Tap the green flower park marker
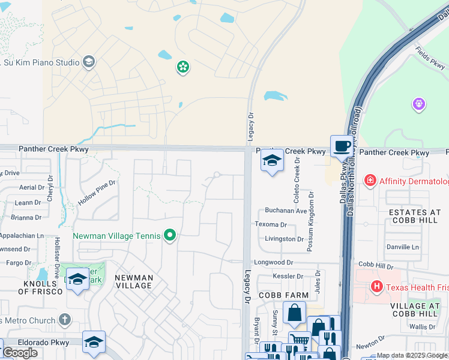pyautogui.click(x=182, y=67)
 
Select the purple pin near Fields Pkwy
pyautogui.click(x=419, y=104)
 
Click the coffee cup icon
pyautogui.click(x=342, y=146)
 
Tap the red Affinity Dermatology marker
pyautogui.click(x=370, y=181)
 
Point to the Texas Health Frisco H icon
pyautogui.click(x=377, y=287)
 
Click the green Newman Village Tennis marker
pyautogui.click(x=170, y=236)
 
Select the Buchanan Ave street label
pyautogui.click(x=286, y=211)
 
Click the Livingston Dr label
pyautogui.click(x=285, y=239)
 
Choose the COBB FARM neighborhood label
pyautogui.click(x=283, y=295)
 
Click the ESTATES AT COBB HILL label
pyautogui.click(x=415, y=217)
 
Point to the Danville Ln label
pyautogui.click(x=403, y=247)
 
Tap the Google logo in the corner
pyautogui.click(x=20, y=353)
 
